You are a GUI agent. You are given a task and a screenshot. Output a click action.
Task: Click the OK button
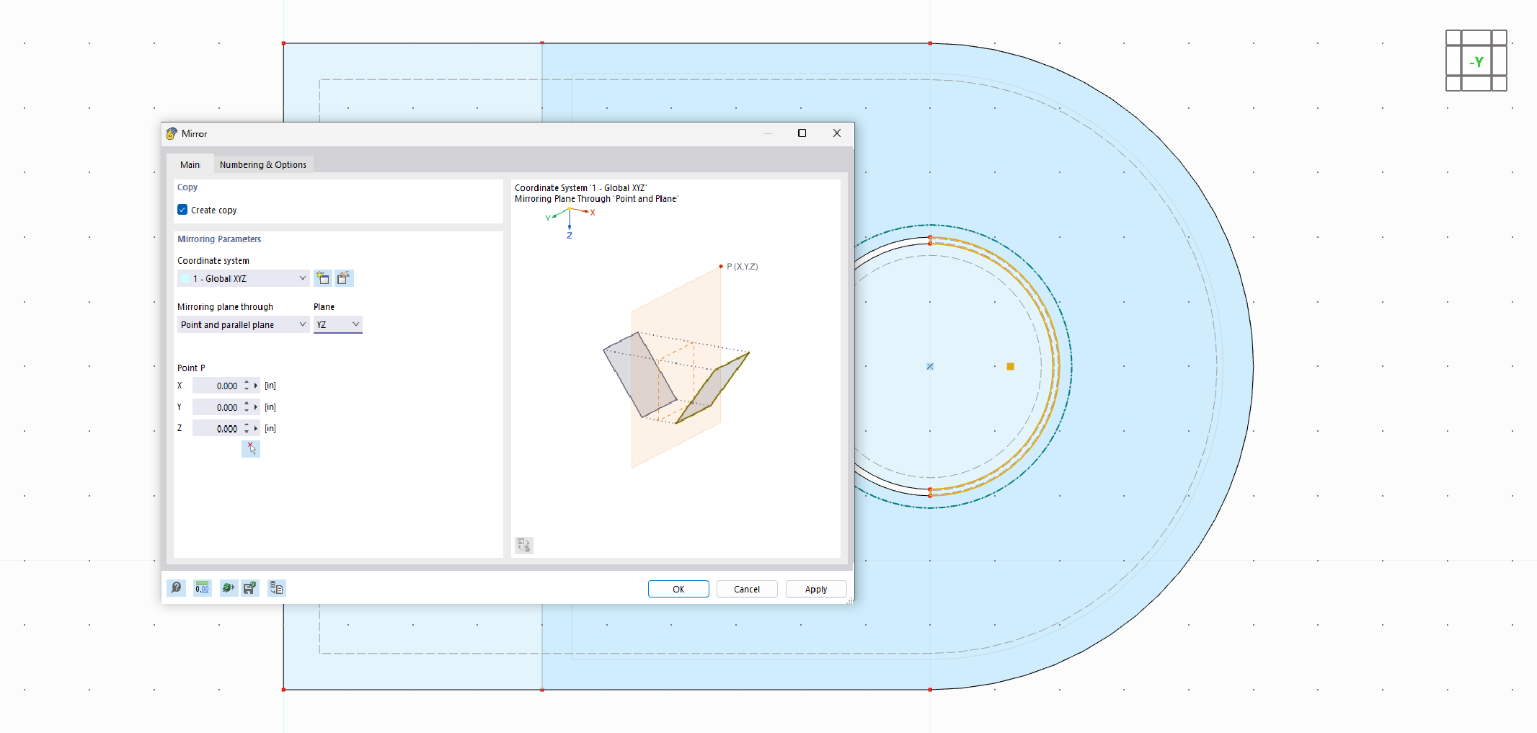tap(678, 589)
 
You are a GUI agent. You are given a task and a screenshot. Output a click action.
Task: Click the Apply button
tap(815, 589)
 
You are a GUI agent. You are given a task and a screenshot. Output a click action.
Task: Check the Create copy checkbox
tap(182, 210)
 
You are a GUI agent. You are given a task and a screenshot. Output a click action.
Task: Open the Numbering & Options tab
tap(262, 164)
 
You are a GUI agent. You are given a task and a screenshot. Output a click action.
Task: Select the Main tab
tap(190, 164)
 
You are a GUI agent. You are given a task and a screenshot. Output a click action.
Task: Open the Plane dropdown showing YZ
tap(337, 324)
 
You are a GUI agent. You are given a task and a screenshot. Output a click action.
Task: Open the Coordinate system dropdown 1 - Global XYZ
tap(243, 278)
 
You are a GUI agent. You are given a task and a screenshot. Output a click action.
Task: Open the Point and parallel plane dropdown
tap(243, 324)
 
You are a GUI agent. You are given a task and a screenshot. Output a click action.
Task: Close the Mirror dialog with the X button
tap(836, 133)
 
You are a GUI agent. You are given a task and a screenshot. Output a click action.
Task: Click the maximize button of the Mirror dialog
tap(802, 133)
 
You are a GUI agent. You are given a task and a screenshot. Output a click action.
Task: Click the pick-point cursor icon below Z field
tap(251, 448)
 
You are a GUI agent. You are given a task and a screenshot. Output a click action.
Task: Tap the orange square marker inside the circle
tap(1010, 366)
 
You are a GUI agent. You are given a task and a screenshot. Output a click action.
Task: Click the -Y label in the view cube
tap(1476, 62)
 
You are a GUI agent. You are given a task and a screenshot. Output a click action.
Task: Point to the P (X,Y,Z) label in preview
tap(742, 267)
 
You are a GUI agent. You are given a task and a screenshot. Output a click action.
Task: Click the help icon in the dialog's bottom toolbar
tap(176, 588)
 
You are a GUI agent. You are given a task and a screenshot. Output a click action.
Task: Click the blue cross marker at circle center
tap(930, 366)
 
